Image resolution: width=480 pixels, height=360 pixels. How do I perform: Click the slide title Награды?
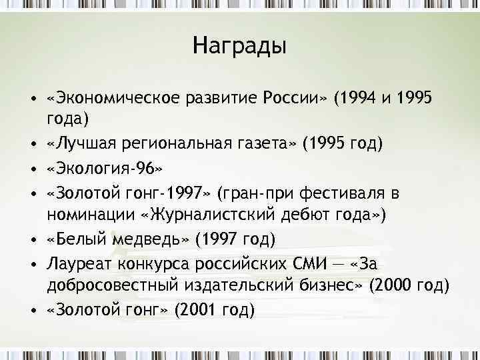click(239, 46)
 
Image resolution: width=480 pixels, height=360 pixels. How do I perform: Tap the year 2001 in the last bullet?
click(199, 310)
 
